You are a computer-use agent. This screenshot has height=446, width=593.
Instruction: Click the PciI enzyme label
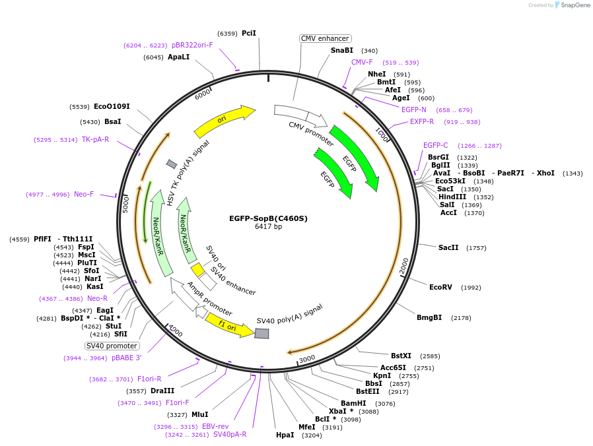click(249, 33)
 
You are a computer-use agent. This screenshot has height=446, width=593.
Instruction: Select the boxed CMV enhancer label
click(325, 38)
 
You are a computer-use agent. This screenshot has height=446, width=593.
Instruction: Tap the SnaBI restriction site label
click(342, 50)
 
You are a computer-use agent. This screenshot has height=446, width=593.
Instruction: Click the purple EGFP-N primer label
click(413, 110)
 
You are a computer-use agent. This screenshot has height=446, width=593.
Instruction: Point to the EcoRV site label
click(441, 287)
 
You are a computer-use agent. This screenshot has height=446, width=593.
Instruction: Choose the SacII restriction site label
click(448, 247)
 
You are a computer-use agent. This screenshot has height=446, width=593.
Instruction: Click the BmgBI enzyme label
click(429, 317)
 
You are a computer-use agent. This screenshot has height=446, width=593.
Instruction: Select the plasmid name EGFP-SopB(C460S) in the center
click(268, 218)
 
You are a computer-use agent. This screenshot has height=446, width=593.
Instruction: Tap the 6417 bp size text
click(268, 227)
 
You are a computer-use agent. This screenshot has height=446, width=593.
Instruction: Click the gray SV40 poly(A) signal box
click(262, 334)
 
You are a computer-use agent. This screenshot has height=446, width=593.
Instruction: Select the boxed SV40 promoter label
click(112, 346)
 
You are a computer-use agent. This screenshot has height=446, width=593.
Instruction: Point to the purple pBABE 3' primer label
click(126, 358)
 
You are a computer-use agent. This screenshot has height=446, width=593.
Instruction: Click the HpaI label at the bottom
click(285, 435)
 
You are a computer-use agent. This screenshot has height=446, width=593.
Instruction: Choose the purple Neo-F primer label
click(84, 194)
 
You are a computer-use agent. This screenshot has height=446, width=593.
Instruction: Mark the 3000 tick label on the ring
click(307, 359)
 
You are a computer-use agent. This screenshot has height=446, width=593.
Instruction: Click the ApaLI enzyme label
click(178, 57)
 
